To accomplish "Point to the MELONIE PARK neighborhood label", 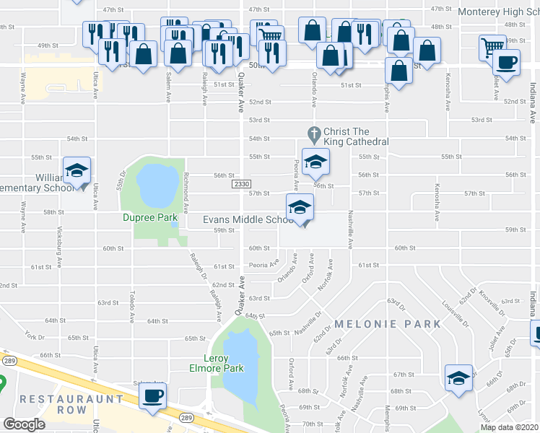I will click(387, 324).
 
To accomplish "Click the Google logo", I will click(24, 424).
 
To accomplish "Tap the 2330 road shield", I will click(242, 185).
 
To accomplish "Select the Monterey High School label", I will click(499, 12).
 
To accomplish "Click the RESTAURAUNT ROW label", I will click(62, 404).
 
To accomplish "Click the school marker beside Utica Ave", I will click(76, 171).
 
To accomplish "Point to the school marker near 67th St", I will click(458, 378).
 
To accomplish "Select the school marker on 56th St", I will click(315, 162).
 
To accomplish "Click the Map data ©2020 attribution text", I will click(509, 427).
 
